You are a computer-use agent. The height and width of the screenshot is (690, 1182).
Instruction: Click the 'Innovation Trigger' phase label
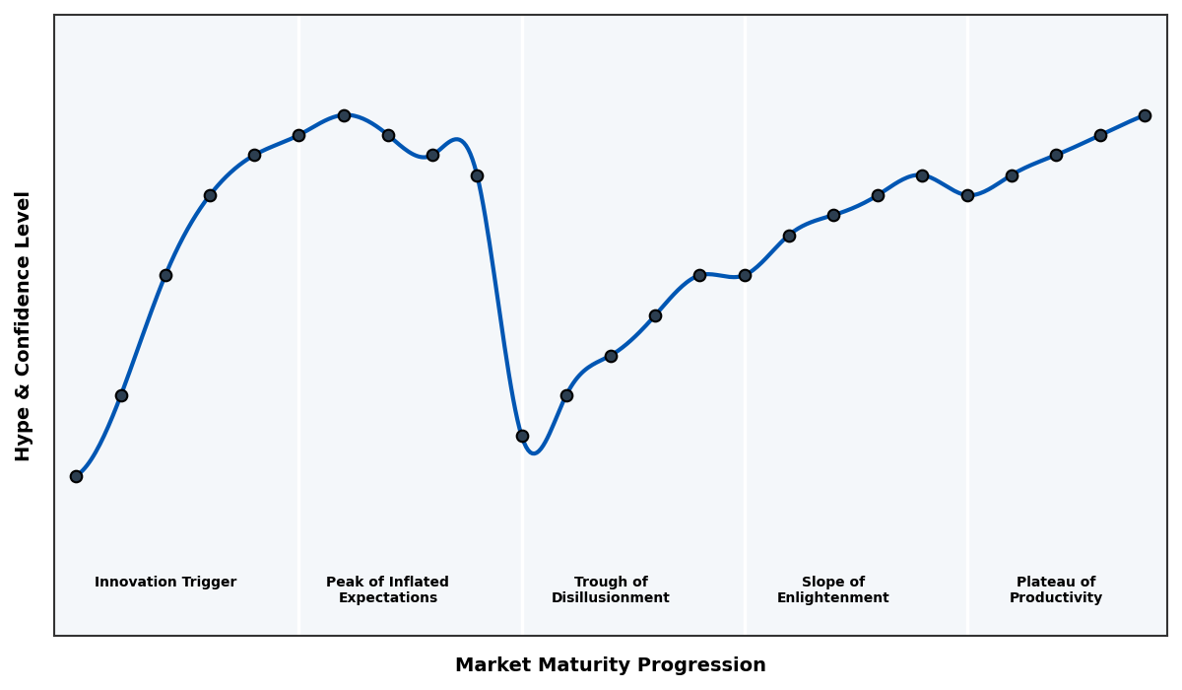pos(165,583)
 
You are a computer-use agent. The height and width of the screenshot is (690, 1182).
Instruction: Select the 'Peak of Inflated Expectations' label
pos(387,589)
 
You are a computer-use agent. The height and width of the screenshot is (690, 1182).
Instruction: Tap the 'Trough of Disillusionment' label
pos(611,589)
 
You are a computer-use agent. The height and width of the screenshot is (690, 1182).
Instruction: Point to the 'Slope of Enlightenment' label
pos(832,589)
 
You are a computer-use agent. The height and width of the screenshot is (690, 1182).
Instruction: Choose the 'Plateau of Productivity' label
pos(1056,589)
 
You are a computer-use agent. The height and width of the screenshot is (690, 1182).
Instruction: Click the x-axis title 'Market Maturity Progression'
pos(611,665)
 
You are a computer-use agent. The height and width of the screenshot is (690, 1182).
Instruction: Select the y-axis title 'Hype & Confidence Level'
pos(24,325)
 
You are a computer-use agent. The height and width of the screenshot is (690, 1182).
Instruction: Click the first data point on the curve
pos(76,476)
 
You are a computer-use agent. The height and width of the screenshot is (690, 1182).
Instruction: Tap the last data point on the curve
pos(1145,115)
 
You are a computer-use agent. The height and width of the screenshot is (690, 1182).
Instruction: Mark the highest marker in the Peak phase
pos(344,115)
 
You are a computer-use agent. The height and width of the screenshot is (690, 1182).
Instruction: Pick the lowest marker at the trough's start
pos(522,436)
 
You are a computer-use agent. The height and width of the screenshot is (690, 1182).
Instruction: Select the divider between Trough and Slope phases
pos(745,444)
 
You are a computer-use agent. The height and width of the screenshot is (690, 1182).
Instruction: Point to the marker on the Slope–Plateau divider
pos(967,195)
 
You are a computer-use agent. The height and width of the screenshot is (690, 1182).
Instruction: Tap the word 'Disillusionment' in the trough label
pos(611,598)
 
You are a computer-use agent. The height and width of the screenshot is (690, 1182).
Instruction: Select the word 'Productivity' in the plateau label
pos(1056,598)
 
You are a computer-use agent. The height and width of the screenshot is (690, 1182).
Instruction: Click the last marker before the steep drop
pos(477,175)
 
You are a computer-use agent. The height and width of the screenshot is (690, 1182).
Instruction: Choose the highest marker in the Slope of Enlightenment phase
pos(922,175)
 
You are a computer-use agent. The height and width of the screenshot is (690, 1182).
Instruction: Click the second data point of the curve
pos(121,395)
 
